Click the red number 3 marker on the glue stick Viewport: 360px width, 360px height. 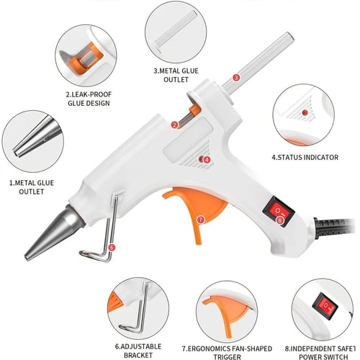pos(236,78)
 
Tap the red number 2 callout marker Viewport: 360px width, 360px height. pos(174,125)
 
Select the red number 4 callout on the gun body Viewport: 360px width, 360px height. pos(207,160)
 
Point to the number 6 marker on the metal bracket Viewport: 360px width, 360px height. pos(112,248)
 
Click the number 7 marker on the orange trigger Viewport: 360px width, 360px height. pos(200,220)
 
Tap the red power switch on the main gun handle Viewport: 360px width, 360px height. pos(279,211)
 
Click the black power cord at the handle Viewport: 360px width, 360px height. pos(333,228)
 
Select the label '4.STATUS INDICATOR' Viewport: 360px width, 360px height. pos(305,158)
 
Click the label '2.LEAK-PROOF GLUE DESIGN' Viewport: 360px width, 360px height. pos(89,99)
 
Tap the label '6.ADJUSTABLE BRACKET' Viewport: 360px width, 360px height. pos(138,351)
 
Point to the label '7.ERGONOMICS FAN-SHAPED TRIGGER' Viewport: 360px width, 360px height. pos(227,353)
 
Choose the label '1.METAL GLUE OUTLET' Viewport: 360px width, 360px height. pos(32,187)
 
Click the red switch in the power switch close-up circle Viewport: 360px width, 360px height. pos(325,305)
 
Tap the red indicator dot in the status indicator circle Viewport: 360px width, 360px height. pos(305,112)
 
